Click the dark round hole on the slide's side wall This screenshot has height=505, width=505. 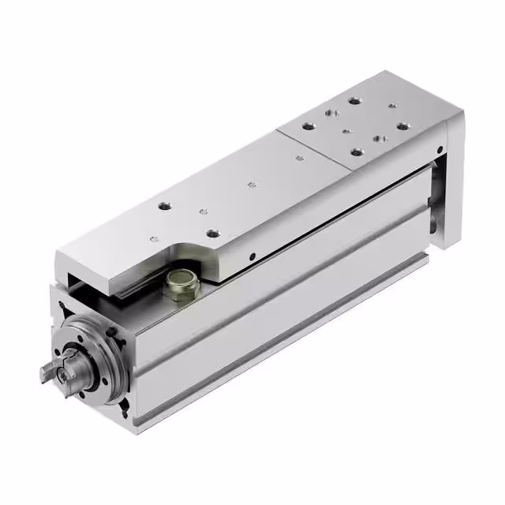tap(251, 256)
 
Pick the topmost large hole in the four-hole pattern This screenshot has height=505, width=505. tap(351, 101)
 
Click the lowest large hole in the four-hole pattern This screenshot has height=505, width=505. tap(357, 151)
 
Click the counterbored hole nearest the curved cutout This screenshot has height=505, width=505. tap(212, 233)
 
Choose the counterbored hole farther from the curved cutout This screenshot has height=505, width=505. tap(164, 206)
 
